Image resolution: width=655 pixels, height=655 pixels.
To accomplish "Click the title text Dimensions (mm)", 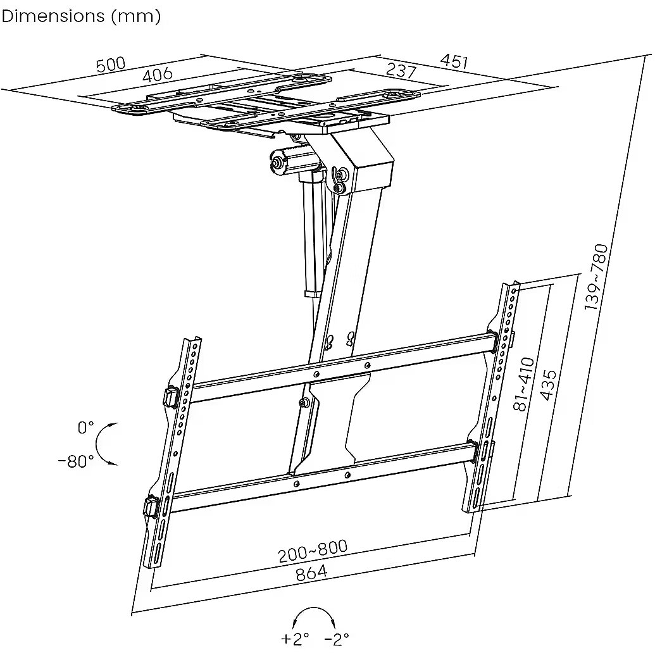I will pyautogui.click(x=81, y=16).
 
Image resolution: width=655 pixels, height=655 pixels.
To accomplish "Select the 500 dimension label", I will pyautogui.click(x=111, y=65).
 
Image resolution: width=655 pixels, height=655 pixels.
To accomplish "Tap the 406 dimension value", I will pyautogui.click(x=157, y=75).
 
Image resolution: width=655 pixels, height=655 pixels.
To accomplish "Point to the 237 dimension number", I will pyautogui.click(x=401, y=70).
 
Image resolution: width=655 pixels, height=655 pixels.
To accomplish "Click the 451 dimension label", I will pyautogui.click(x=454, y=61).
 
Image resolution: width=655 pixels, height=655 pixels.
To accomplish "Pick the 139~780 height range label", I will pyautogui.click(x=597, y=277).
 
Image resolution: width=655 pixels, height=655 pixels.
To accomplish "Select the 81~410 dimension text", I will pyautogui.click(x=524, y=384).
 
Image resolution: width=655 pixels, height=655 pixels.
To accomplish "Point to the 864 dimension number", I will pyautogui.click(x=311, y=572).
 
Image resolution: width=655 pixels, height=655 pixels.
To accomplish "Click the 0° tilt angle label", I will pyautogui.click(x=85, y=428).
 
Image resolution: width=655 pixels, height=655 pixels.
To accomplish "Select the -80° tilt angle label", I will pyautogui.click(x=76, y=461).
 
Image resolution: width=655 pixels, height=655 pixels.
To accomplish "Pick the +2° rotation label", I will pyautogui.click(x=296, y=638).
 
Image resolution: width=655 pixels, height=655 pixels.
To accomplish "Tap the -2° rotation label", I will pyautogui.click(x=337, y=638).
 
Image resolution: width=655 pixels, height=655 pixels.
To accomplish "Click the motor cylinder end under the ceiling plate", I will pyautogui.click(x=277, y=162).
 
